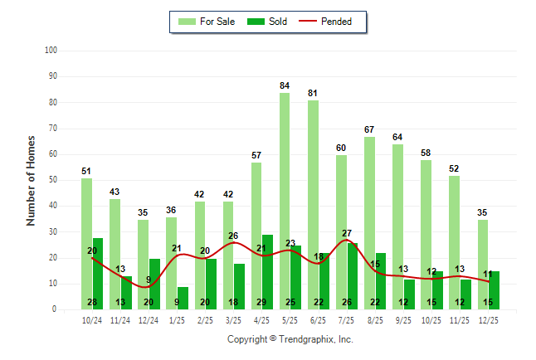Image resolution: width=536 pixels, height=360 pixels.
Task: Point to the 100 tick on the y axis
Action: [x=51, y=51]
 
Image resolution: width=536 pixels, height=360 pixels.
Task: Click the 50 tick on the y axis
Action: [x=52, y=180]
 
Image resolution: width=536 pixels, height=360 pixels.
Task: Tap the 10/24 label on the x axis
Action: [x=92, y=319]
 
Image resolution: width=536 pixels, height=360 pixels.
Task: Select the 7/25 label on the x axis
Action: [x=347, y=319]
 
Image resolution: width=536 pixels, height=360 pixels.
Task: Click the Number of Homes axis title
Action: [x=32, y=180]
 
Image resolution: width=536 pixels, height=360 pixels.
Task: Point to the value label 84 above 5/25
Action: [x=285, y=85]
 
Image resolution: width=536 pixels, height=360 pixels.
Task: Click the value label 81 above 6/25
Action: [x=313, y=93]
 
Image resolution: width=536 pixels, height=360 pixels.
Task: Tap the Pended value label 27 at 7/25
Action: [x=347, y=233]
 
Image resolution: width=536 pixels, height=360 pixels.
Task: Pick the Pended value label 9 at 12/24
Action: [x=149, y=280]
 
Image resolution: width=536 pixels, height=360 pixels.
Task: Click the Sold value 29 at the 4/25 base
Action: [x=261, y=302]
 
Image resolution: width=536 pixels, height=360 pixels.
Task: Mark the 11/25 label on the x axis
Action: [x=460, y=319]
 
